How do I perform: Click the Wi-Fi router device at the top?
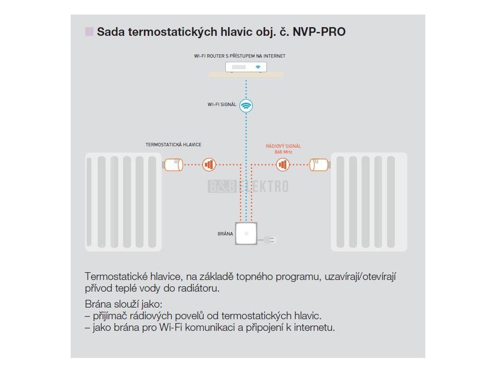(247, 67)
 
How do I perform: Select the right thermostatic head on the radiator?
(319, 165)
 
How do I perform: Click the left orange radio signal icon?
(209, 165)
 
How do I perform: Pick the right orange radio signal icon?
(283, 165)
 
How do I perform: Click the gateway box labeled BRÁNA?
(246, 234)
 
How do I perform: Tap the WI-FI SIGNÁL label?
(222, 104)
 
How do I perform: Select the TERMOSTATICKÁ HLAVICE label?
(173, 145)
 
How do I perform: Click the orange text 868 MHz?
(283, 152)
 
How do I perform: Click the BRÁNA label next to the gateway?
(226, 233)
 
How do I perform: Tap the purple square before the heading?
(89, 32)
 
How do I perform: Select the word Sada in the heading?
(109, 32)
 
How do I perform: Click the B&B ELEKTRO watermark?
(248, 186)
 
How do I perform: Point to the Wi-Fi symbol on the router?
(258, 67)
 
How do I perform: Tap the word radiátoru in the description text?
(199, 289)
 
